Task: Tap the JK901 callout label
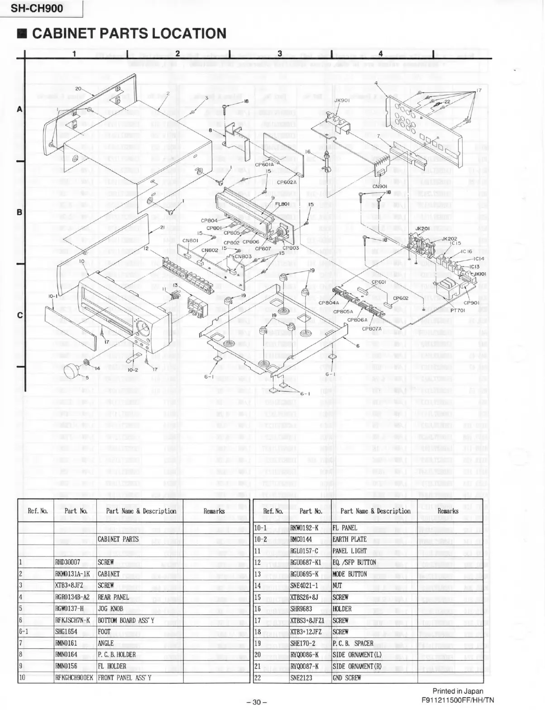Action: tap(341, 101)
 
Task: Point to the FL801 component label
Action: tap(282, 204)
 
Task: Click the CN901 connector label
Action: tap(379, 186)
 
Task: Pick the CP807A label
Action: tap(372, 328)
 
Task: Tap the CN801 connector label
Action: tap(190, 240)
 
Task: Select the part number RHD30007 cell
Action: tap(67, 562)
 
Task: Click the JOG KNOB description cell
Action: tap(110, 609)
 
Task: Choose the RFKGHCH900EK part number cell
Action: tap(74, 678)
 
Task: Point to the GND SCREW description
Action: tap(347, 678)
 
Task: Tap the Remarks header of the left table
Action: tap(214, 511)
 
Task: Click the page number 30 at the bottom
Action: tap(257, 702)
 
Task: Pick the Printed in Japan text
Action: tap(458, 691)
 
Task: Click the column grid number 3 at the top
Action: tap(280, 53)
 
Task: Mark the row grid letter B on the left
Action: tap(19, 212)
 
